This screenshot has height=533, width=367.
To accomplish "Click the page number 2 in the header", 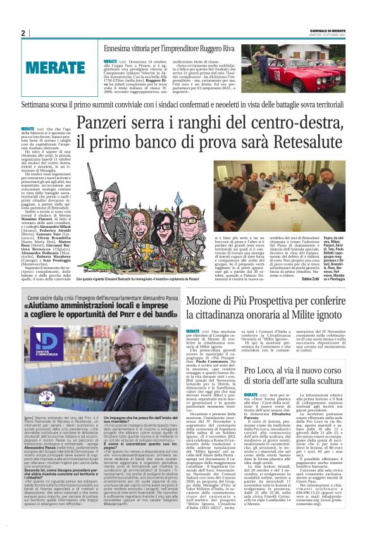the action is [x=23, y=34].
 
